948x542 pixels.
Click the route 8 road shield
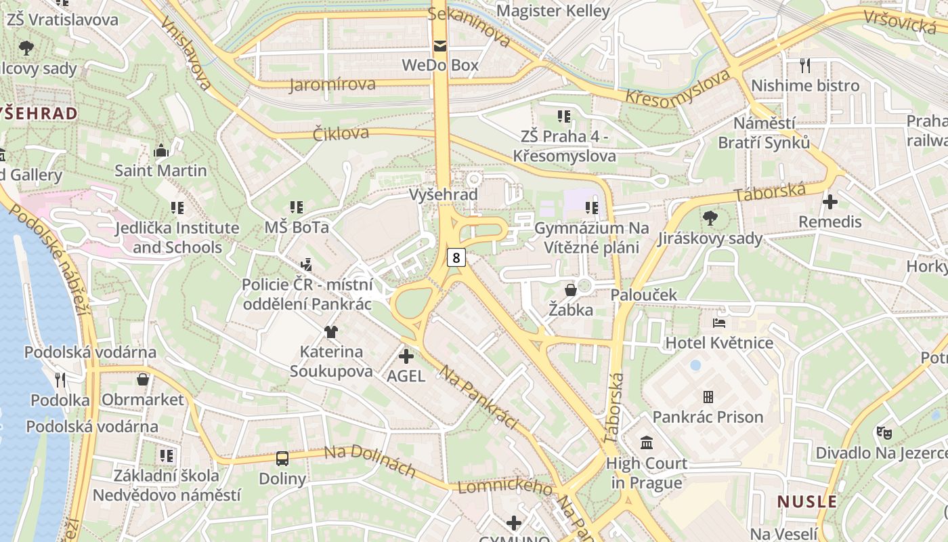tap(456, 257)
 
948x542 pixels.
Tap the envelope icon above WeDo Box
tap(440, 46)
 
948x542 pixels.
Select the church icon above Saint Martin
tap(161, 150)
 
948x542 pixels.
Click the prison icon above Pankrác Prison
tap(708, 396)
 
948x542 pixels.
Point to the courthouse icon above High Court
tap(646, 443)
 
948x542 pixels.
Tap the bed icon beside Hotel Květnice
tap(718, 322)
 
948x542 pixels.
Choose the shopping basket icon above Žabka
tap(571, 290)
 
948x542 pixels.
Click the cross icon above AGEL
tap(406, 356)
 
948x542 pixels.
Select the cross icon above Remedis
tap(829, 201)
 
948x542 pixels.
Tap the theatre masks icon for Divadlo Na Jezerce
tap(884, 432)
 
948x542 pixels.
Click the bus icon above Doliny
tap(282, 459)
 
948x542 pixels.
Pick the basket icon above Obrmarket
tap(143, 379)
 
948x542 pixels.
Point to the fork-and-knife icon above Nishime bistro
tap(804, 65)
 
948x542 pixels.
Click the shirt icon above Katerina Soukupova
tap(330, 331)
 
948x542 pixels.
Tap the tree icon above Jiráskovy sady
tap(710, 218)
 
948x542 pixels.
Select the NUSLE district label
tap(806, 501)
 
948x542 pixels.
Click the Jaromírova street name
tap(332, 85)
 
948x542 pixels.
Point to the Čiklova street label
tap(341, 133)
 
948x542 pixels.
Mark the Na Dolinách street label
tap(369, 461)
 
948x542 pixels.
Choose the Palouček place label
tap(643, 295)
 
